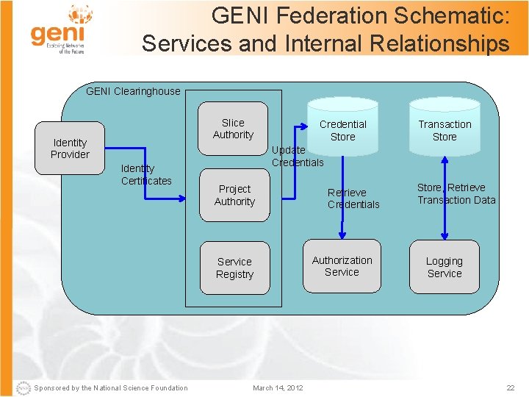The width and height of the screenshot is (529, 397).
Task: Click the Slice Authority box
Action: pos(233,129)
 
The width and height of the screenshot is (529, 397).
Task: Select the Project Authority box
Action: pos(234,196)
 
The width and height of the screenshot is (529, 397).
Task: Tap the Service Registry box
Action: pos(234,268)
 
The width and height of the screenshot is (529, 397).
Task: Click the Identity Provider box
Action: pos(70,149)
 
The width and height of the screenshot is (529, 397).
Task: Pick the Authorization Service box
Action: pos(342,266)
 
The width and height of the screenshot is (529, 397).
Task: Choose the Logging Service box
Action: pos(445,267)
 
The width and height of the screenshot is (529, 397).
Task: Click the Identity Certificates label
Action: pos(146,175)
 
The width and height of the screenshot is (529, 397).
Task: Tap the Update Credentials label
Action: pos(297,156)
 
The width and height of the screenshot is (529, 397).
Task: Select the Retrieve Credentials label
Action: pos(353,198)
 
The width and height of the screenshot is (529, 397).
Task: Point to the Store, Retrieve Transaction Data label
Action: pos(456,193)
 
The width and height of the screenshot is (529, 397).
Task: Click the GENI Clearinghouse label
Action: pos(133,91)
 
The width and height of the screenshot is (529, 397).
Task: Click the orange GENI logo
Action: pos(59,29)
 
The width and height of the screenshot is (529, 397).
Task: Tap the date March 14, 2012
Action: pos(278,388)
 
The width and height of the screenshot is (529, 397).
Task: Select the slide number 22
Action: pos(511,388)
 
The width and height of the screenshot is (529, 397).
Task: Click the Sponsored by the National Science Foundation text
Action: pos(110,388)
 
